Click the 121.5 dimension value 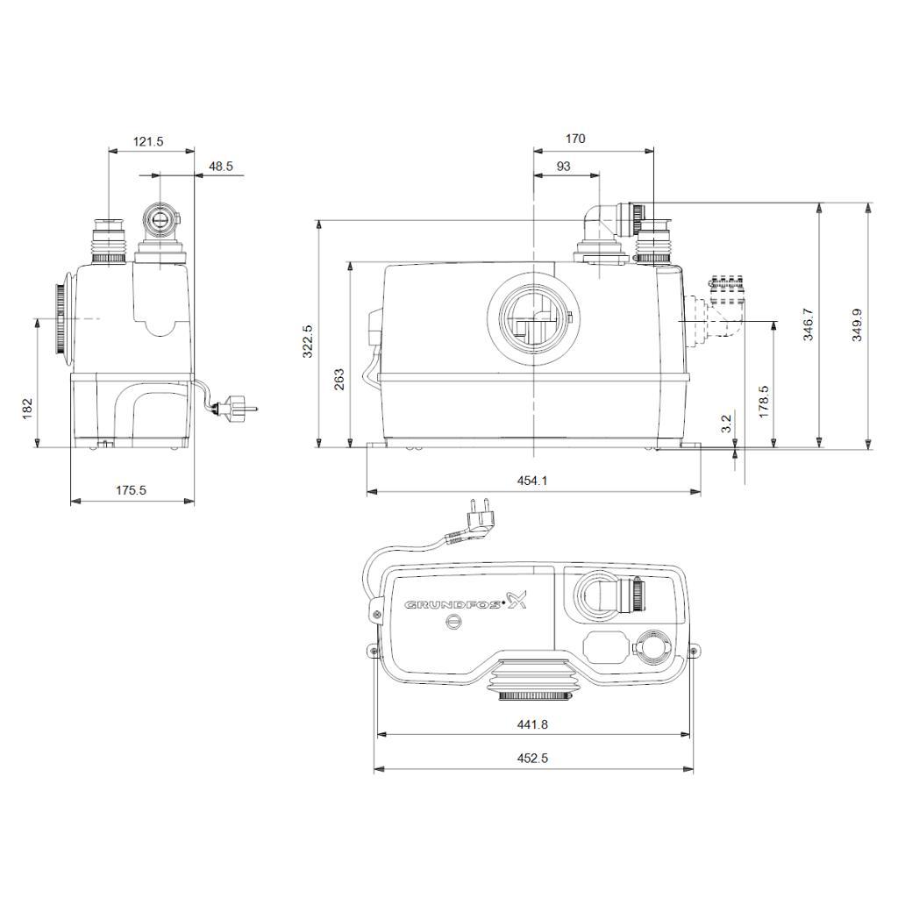(x=148, y=141)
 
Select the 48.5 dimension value (x=221, y=166)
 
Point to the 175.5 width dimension (x=132, y=490)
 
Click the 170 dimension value (x=575, y=139)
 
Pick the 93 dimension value (x=564, y=166)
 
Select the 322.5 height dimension (x=308, y=341)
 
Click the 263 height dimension (x=339, y=380)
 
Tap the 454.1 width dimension (x=532, y=481)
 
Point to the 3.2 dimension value (x=726, y=424)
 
